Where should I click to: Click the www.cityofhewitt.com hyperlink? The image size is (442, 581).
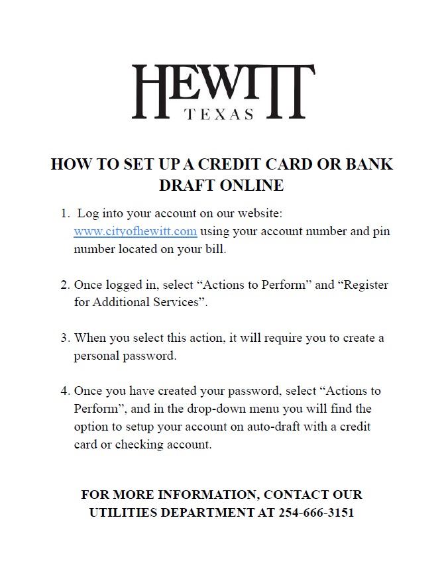point(135,231)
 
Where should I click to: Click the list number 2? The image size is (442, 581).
point(65,285)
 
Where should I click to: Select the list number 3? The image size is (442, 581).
point(65,338)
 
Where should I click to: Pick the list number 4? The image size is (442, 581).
point(65,391)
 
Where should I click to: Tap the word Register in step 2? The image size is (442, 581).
point(366,285)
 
